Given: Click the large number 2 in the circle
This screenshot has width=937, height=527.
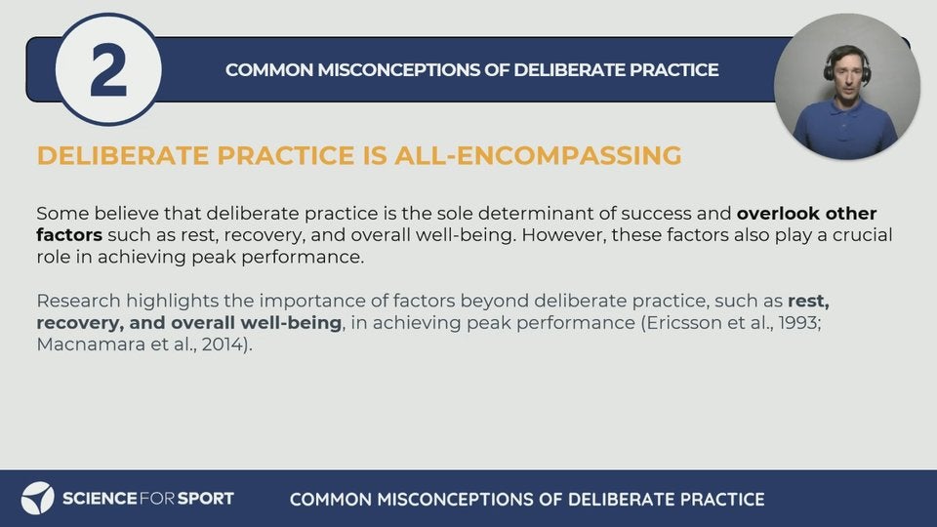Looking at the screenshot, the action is pyautogui.click(x=108, y=70).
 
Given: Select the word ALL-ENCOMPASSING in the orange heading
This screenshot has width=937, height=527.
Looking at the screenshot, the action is pyautogui.click(x=538, y=155).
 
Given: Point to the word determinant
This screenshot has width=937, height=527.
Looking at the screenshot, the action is pyautogui.click(x=547, y=214).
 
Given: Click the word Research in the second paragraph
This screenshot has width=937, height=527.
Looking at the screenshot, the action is pyautogui.click(x=78, y=301).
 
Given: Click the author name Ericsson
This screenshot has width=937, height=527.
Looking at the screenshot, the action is pyautogui.click(x=683, y=323).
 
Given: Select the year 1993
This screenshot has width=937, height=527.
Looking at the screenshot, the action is pyautogui.click(x=797, y=323).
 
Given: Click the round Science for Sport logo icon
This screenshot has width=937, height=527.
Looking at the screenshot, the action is pyautogui.click(x=38, y=499).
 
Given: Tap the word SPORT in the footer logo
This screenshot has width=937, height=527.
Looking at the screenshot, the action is pyautogui.click(x=206, y=499).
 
